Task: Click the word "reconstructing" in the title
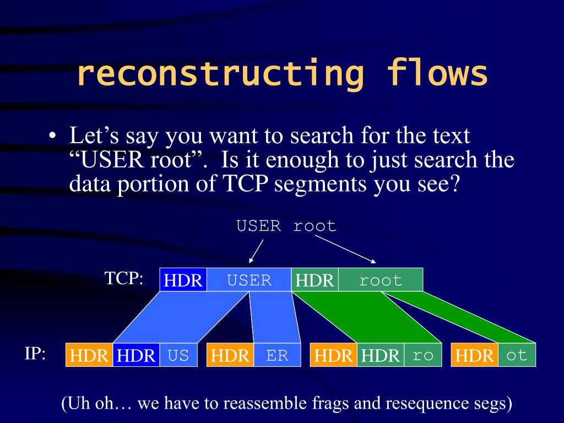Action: tap(220, 74)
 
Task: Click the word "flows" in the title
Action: tap(438, 74)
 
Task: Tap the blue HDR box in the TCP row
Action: tap(183, 280)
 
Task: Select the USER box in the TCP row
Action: tap(249, 280)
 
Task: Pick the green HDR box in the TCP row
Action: tap(314, 280)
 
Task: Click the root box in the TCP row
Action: tap(381, 280)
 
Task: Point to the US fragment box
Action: tap(178, 355)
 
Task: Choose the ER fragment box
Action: tap(278, 355)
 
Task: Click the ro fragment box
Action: tap(423, 355)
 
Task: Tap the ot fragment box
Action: tap(517, 355)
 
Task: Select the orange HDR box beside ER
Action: tap(230, 355)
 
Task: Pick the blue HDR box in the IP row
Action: tap(137, 355)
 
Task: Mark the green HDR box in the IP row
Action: tap(381, 355)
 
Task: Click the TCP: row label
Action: tap(124, 278)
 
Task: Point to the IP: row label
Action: tap(35, 354)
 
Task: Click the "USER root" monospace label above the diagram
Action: tap(286, 226)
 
